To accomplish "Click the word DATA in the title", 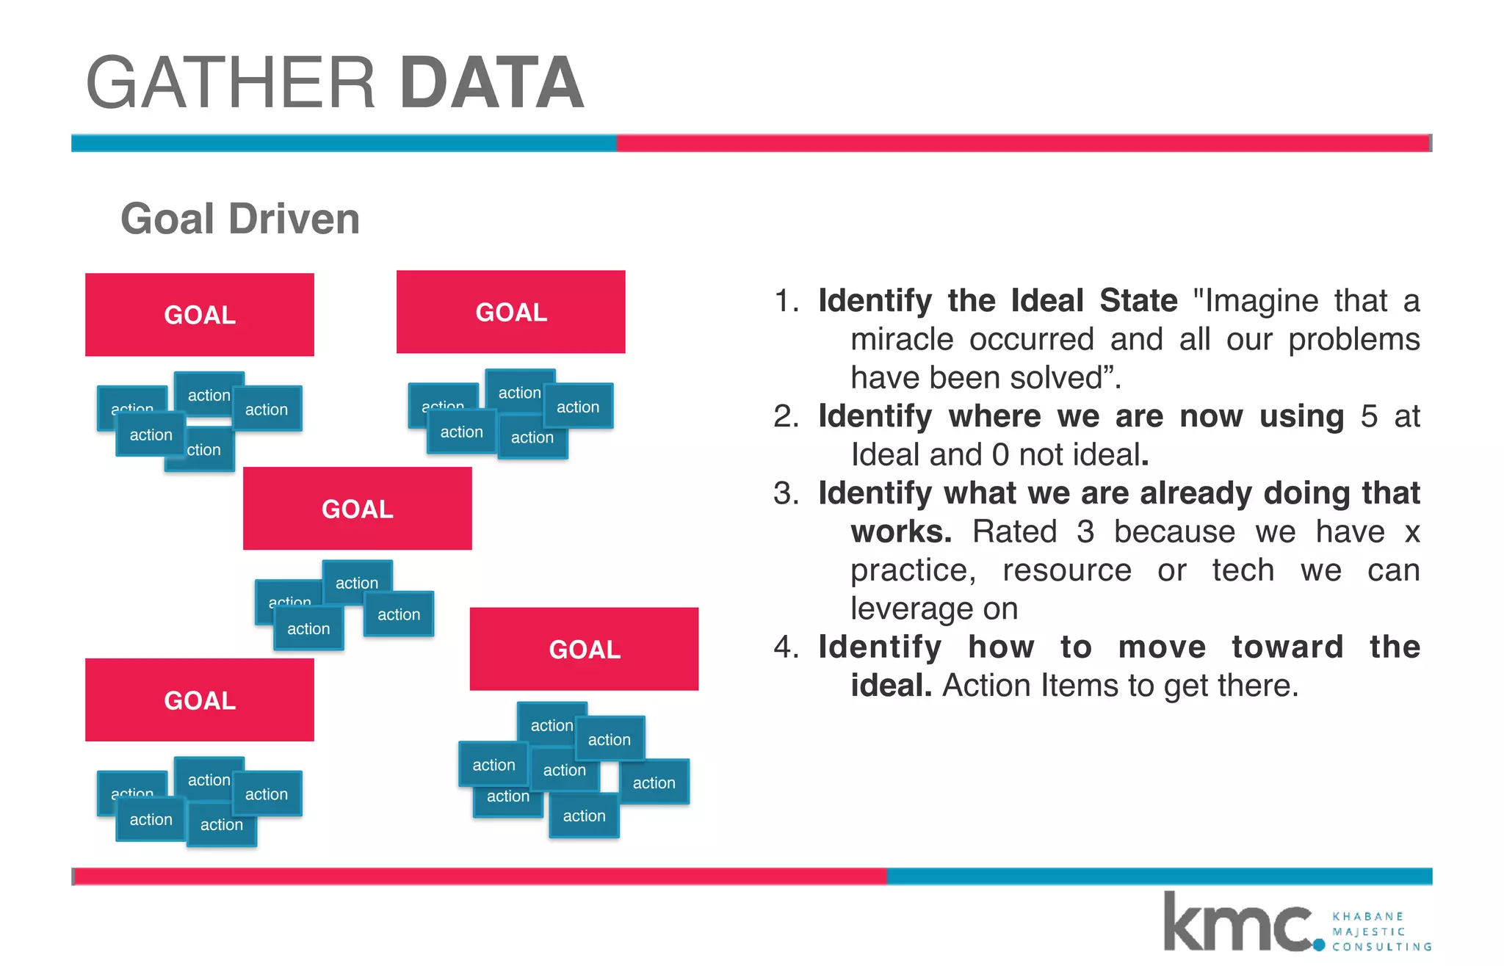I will click(491, 83).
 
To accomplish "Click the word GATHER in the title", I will click(231, 83).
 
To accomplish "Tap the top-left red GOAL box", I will click(200, 315).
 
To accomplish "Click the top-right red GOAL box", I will click(511, 312).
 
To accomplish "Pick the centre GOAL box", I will click(358, 509).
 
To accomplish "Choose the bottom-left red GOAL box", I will click(200, 700).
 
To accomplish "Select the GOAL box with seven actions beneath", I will click(585, 649).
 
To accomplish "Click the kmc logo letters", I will click(1238, 923).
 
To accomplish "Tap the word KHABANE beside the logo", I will click(1367, 916).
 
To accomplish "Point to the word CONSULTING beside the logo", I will click(1381, 947).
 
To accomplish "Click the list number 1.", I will click(785, 301).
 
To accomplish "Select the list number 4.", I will click(785, 647).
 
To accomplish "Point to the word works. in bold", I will click(901, 531).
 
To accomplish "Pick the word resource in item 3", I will click(1066, 570).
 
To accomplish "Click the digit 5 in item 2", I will click(1369, 416).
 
